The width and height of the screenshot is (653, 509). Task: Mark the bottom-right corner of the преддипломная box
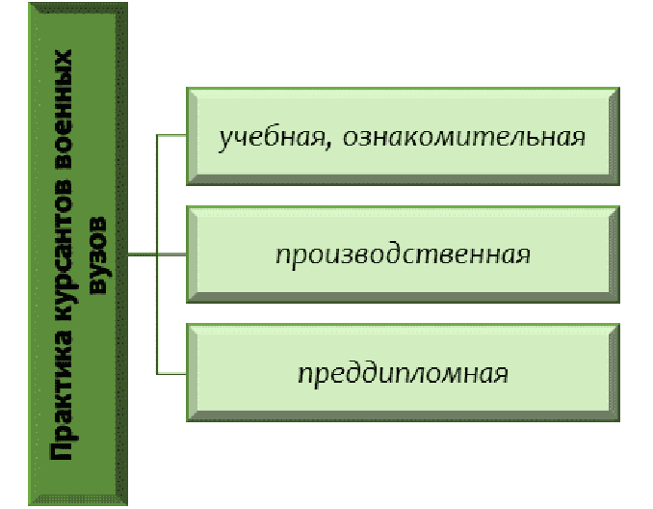pyautogui.click(x=618, y=420)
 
